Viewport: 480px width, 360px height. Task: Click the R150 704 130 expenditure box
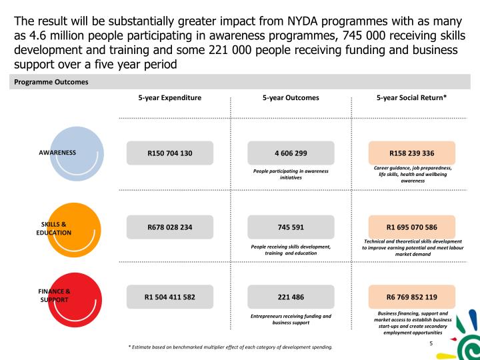tap(170, 153)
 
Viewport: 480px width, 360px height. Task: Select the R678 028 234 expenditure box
tap(170, 227)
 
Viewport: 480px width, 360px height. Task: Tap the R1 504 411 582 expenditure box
tap(170, 297)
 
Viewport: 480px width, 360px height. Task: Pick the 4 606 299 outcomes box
tap(291, 153)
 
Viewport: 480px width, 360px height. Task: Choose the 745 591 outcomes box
tap(291, 227)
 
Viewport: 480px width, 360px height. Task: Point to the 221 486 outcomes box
tap(291, 297)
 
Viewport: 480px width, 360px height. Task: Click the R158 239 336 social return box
tap(411, 153)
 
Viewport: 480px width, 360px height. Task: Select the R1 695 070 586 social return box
tap(411, 227)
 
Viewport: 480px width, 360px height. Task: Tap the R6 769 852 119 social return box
tap(411, 297)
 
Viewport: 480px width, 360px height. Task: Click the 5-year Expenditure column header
tap(170, 97)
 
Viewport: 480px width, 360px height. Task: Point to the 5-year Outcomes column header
tap(291, 97)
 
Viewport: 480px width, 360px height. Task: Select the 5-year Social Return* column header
tap(411, 97)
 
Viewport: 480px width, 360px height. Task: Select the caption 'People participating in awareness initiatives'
tap(291, 175)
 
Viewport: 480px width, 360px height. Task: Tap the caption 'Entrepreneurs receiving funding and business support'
tap(291, 319)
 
